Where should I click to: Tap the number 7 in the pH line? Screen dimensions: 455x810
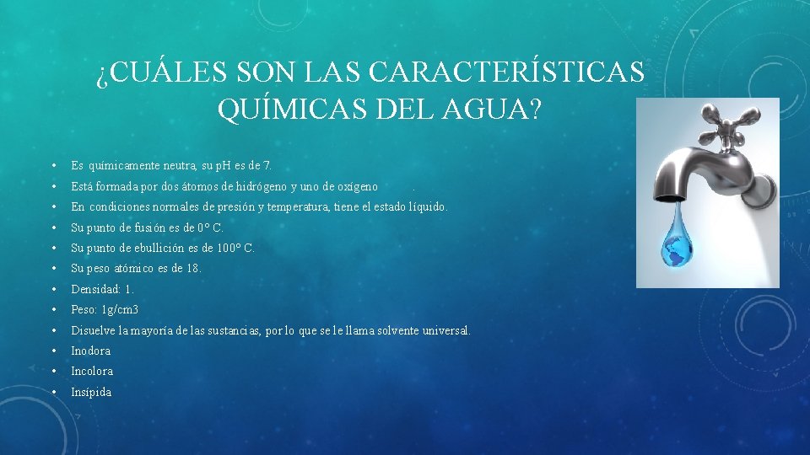point(267,166)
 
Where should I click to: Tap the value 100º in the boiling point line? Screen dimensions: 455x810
point(227,248)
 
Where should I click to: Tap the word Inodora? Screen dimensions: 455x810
point(91,351)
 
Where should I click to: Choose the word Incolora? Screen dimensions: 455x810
point(92,372)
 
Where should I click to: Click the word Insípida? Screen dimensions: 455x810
point(91,392)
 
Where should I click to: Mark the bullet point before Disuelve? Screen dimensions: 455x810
point(53,330)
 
